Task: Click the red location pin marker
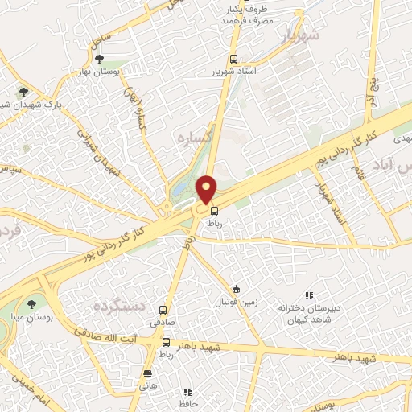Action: [x=207, y=190]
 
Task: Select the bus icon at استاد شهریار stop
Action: [x=233, y=59]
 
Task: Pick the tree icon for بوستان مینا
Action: [x=31, y=303]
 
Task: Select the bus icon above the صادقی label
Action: [x=163, y=310]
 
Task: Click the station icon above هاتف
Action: [x=146, y=373]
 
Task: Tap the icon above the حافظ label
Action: [x=187, y=392]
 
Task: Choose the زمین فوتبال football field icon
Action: [x=236, y=289]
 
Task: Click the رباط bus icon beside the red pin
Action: [x=214, y=212]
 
